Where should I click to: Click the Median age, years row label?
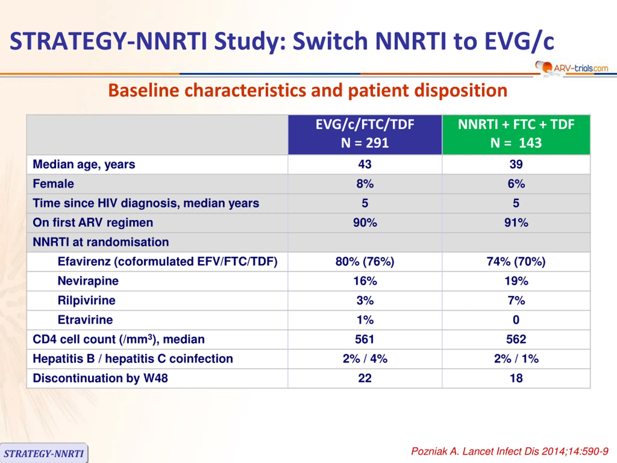(x=84, y=164)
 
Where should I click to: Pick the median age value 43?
(x=365, y=164)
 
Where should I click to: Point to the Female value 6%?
(x=516, y=184)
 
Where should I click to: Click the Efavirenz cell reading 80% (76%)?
(x=365, y=261)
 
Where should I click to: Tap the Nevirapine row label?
(x=88, y=281)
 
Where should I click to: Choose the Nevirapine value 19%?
(x=516, y=281)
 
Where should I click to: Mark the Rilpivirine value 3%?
(x=365, y=300)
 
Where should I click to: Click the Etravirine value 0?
(x=516, y=320)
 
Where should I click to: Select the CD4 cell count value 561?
(x=365, y=339)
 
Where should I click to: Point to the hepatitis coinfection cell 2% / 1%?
(x=516, y=359)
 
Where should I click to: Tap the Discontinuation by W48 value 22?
(x=365, y=378)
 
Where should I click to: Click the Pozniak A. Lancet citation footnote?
(x=510, y=451)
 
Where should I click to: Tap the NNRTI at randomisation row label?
(x=101, y=242)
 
